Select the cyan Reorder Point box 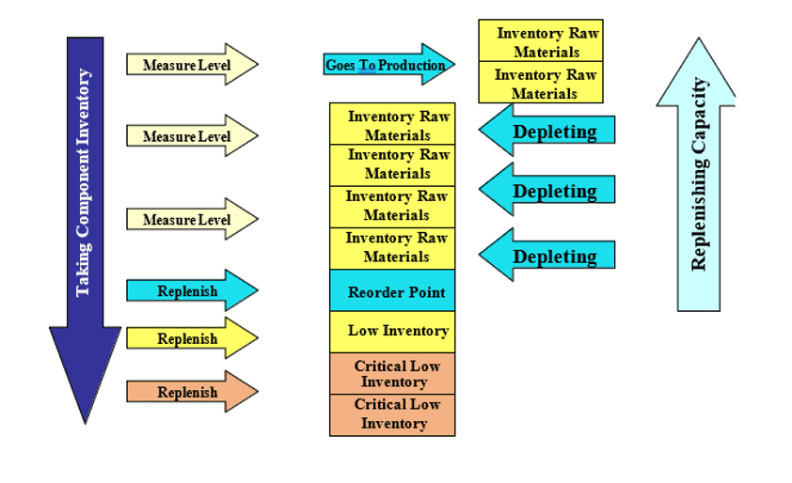pyautogui.click(x=392, y=291)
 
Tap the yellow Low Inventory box pyautogui.click(x=392, y=331)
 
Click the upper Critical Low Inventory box pyautogui.click(x=392, y=373)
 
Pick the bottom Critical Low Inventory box pyautogui.click(x=392, y=414)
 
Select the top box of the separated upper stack pyautogui.click(x=540, y=41)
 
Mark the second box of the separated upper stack pyautogui.click(x=540, y=83)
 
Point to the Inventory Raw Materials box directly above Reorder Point pyautogui.click(x=392, y=247)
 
